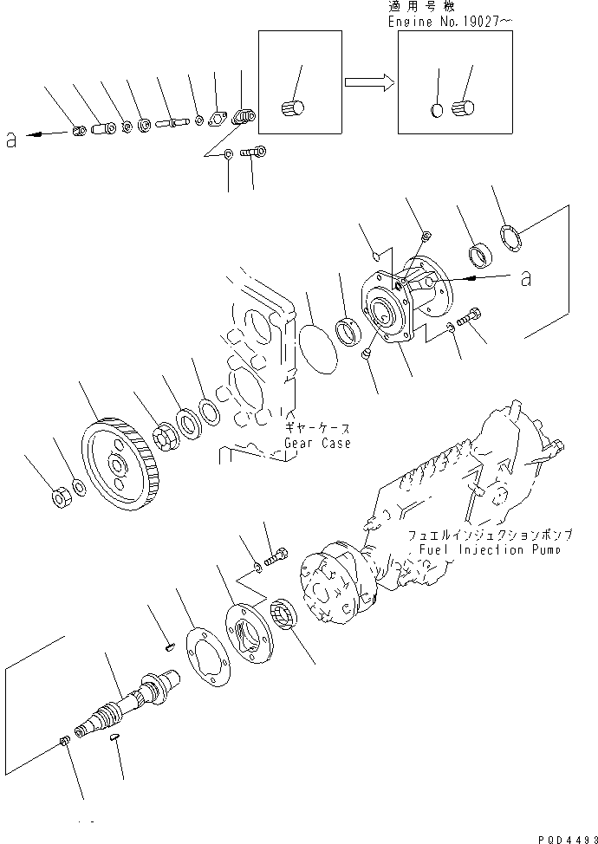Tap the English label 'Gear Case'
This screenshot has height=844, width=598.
tap(317, 443)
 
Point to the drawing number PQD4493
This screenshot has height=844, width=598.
tap(564, 836)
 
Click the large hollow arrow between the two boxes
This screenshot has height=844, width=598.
tap(369, 83)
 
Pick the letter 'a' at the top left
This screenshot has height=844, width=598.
tap(11, 139)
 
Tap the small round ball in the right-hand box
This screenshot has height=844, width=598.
tap(438, 110)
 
